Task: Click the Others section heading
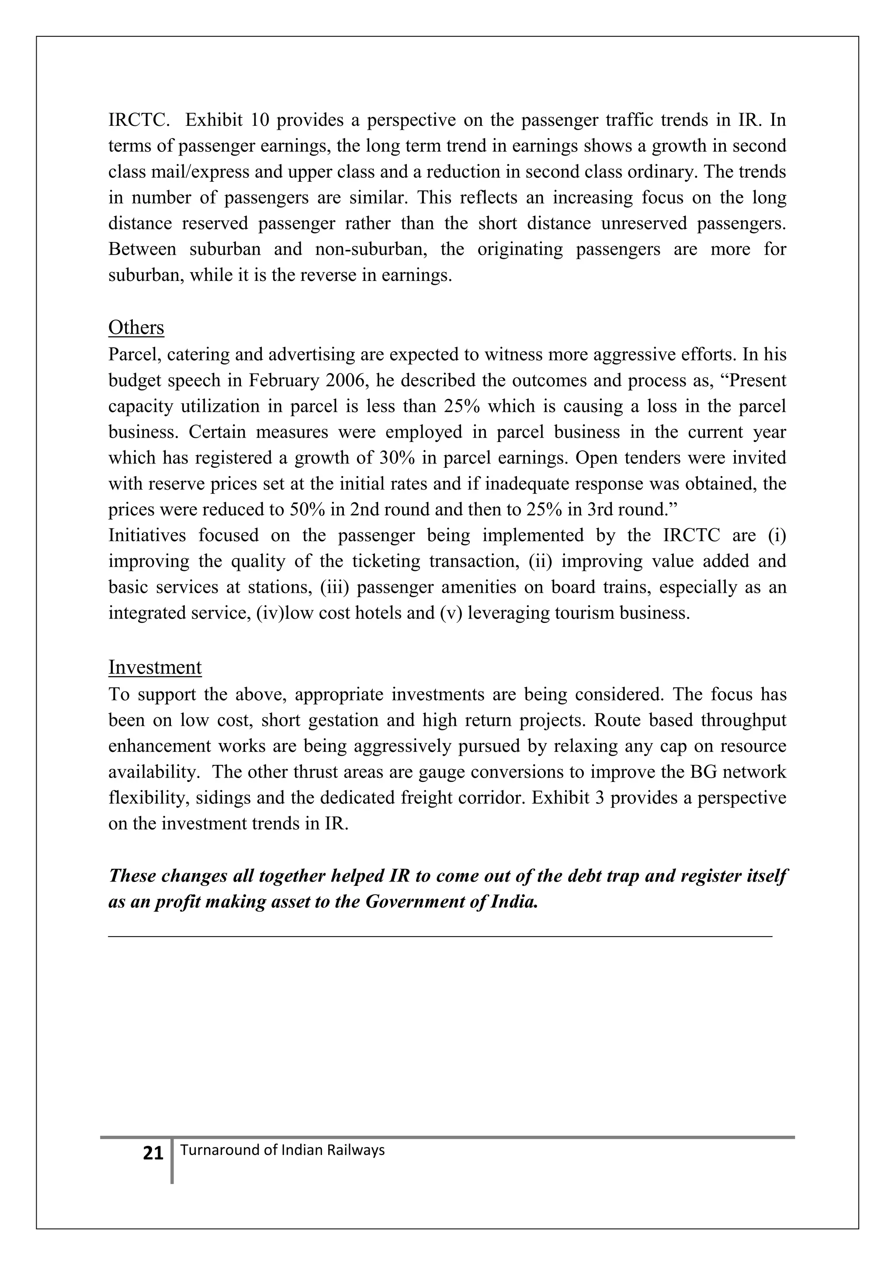point(136,328)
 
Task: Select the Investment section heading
point(155,668)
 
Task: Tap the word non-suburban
point(371,249)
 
